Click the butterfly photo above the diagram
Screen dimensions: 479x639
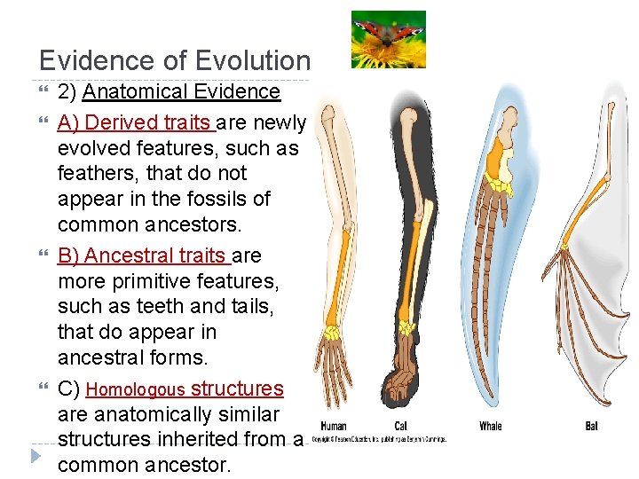[x=388, y=39]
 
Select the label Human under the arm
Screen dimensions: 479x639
[x=334, y=426]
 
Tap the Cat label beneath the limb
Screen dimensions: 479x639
[x=401, y=426]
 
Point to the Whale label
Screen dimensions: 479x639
[x=491, y=426]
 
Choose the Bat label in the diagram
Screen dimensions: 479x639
[x=591, y=426]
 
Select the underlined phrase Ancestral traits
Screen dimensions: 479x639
[x=141, y=255]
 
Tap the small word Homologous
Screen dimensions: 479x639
[x=136, y=389]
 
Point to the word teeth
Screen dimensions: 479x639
[x=141, y=306]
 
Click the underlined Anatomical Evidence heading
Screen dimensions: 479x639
[x=181, y=91]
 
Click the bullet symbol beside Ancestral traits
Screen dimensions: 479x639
[x=47, y=255]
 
